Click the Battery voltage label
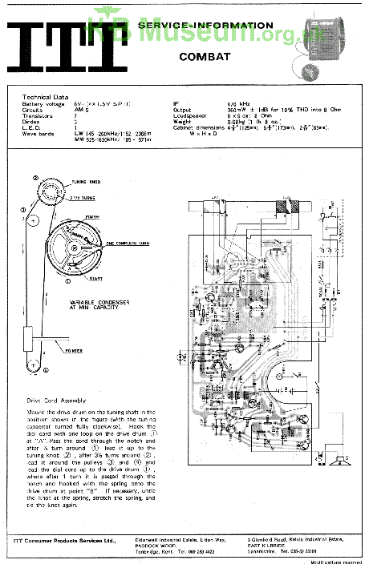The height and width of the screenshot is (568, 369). pos(43,103)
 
